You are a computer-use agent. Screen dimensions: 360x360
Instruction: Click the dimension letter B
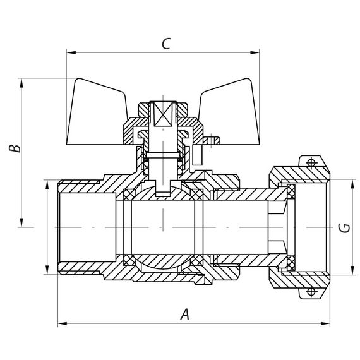tap(16, 148)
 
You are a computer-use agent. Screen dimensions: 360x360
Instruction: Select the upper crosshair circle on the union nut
tap(310, 163)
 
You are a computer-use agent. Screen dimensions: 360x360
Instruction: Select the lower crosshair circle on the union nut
tap(310, 291)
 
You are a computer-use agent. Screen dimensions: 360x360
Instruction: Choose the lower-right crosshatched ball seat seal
tap(198, 259)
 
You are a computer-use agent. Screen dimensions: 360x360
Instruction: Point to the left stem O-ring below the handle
tap(147, 165)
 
